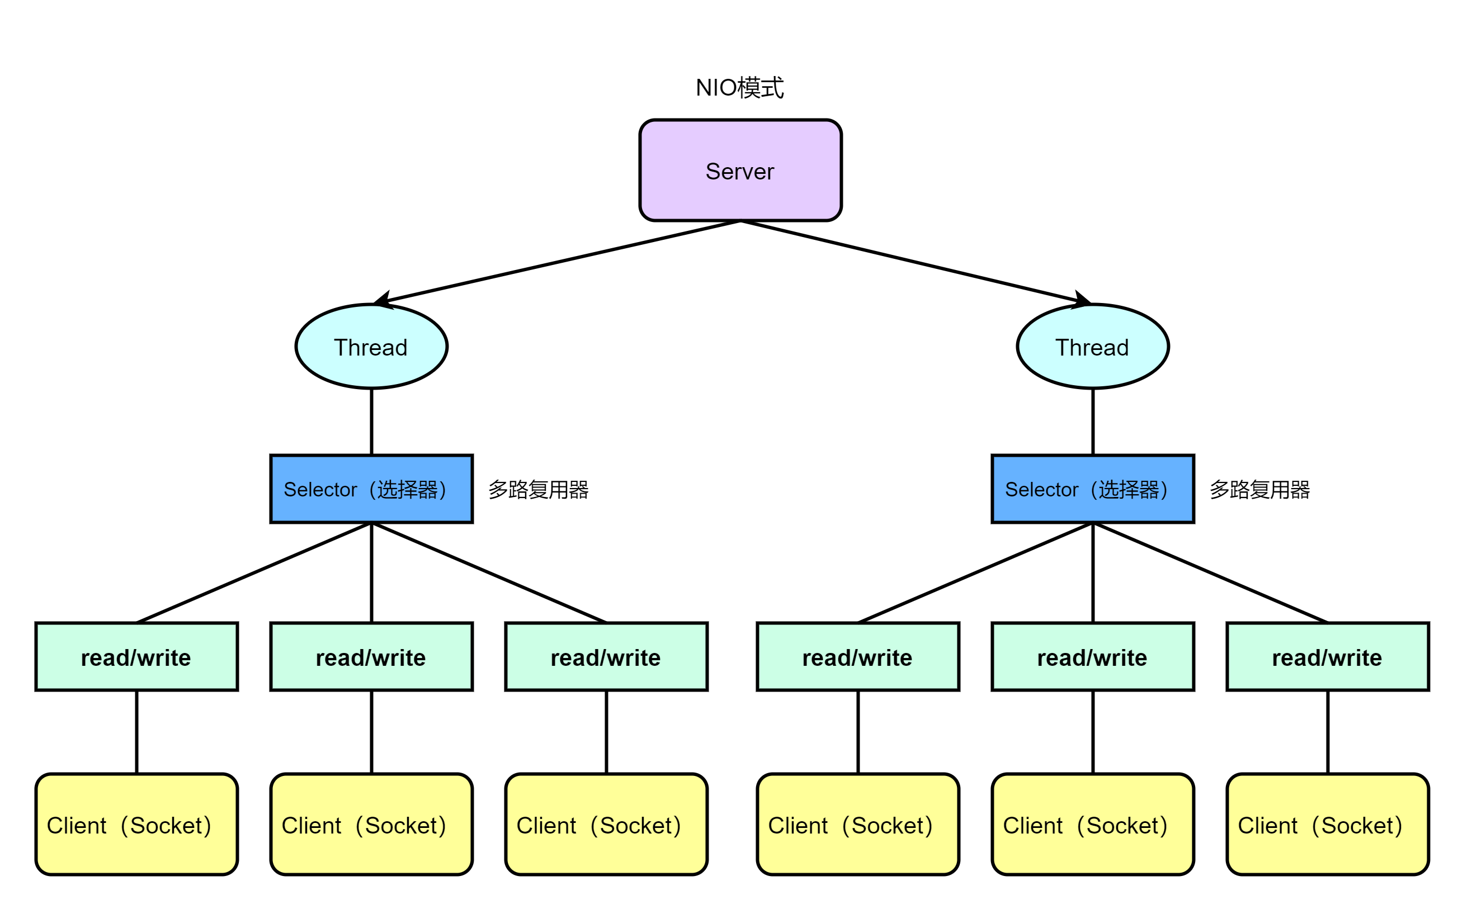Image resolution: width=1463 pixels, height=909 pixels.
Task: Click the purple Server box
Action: click(x=740, y=170)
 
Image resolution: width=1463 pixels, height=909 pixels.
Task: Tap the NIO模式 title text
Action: click(x=740, y=88)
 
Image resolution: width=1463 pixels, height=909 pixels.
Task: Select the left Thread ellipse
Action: click(x=371, y=346)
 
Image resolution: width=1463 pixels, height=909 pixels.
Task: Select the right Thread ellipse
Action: click(x=1093, y=346)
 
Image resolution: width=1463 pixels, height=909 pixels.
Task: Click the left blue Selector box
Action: click(x=371, y=489)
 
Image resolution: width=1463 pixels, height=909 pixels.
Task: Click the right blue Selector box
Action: click(x=1093, y=489)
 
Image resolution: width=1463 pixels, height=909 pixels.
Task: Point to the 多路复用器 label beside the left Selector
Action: click(x=538, y=489)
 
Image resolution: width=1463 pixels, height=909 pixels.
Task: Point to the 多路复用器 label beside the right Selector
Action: click(x=1260, y=489)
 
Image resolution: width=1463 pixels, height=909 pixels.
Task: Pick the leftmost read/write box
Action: click(x=136, y=656)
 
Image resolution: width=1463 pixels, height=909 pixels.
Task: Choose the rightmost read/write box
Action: click(x=1328, y=656)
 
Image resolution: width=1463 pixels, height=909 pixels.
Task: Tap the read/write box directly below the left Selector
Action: click(x=371, y=656)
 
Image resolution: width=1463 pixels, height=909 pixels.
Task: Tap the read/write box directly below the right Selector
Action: click(x=1093, y=656)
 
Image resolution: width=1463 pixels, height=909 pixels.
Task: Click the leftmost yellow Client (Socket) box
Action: click(x=136, y=824)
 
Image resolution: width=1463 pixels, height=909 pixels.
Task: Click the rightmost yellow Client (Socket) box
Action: click(x=1328, y=824)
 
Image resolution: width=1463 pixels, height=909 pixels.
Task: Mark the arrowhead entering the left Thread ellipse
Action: click(x=383, y=300)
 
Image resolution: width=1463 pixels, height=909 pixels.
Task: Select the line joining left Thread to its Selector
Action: click(x=371, y=422)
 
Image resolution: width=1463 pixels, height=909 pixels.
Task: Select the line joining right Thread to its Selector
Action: click(x=1093, y=422)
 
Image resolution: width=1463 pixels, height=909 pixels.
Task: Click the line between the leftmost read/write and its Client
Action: click(x=136, y=732)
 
